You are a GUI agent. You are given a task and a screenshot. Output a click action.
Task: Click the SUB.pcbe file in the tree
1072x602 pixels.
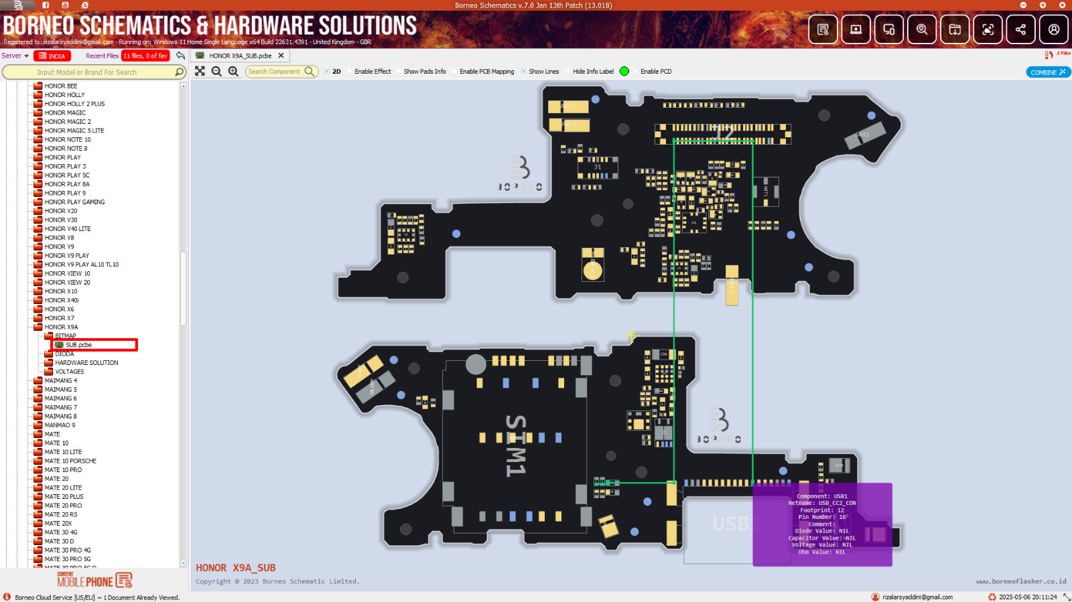78,345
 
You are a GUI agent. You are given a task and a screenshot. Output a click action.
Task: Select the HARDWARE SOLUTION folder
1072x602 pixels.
86,363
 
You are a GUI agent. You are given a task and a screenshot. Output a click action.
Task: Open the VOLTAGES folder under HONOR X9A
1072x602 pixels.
70,372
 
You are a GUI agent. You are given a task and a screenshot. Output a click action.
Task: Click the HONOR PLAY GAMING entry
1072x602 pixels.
74,202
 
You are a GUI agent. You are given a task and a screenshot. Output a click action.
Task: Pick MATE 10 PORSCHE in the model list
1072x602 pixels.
70,461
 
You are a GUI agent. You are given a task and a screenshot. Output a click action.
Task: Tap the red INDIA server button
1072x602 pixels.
52,56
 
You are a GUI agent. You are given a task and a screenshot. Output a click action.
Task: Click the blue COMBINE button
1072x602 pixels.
1048,72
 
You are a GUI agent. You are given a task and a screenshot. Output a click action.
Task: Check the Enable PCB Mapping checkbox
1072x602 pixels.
455,72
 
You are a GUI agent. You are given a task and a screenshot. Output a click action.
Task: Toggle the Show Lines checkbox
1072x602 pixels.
524,72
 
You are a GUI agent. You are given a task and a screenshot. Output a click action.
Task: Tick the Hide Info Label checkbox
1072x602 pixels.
568,72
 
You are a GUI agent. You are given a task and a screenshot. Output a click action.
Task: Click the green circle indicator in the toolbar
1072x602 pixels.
624,72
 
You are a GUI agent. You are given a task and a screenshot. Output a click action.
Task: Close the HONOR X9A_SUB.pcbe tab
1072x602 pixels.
281,56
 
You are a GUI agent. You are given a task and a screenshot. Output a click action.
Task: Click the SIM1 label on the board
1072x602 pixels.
515,445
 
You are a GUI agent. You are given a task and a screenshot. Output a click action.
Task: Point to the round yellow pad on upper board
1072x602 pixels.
592,270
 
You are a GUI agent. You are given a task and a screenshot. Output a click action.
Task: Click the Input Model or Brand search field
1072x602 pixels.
87,72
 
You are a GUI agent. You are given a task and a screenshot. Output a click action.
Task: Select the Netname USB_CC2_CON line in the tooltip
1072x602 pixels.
822,503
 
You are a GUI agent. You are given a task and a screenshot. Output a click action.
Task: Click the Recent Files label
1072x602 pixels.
102,56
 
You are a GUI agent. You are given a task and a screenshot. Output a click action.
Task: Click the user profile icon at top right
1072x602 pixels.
1054,29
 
